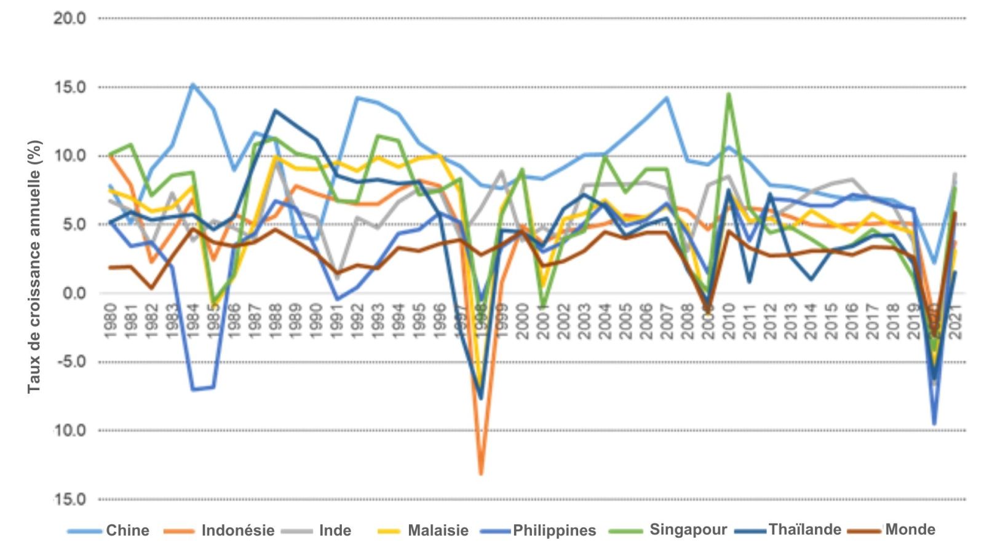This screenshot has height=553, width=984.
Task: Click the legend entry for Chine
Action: click(127, 530)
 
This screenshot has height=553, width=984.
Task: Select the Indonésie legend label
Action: click(237, 530)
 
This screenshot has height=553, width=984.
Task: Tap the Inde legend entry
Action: click(335, 530)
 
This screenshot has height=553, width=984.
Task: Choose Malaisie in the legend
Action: click(438, 530)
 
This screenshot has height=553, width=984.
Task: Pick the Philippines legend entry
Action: click(554, 530)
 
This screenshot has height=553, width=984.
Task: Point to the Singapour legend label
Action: click(688, 530)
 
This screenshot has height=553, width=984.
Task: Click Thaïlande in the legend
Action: click(804, 530)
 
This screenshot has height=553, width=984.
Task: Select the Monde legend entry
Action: click(910, 530)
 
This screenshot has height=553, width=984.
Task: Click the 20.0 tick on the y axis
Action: click(69, 18)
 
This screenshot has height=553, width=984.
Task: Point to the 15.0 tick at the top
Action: click(69, 87)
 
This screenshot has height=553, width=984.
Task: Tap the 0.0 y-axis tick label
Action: click(73, 293)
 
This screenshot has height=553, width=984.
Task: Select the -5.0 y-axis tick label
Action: click(70, 362)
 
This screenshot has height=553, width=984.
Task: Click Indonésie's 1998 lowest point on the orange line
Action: click(481, 474)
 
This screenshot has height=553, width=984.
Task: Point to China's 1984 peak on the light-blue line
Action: click(193, 84)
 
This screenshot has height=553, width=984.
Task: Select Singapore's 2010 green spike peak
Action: click(729, 94)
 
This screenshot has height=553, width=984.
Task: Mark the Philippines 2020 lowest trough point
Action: click(934, 424)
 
